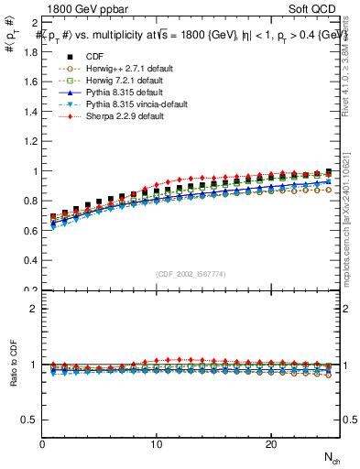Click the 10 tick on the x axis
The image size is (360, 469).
pyautogui.click(x=157, y=444)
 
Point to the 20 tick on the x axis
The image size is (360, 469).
pyautogui.click(x=270, y=444)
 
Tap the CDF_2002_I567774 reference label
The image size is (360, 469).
pyautogui.click(x=191, y=274)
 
